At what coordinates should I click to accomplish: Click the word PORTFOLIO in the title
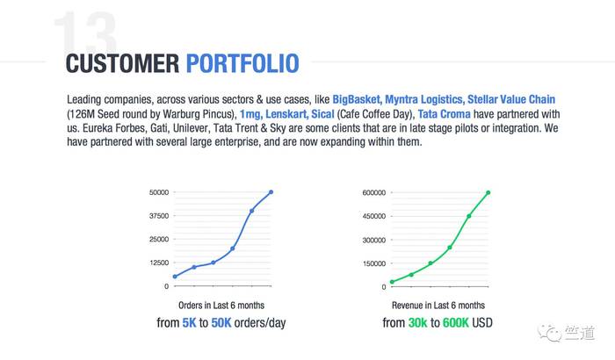pyautogui.click(x=242, y=63)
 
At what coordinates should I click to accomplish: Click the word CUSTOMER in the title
pyautogui.click(x=122, y=63)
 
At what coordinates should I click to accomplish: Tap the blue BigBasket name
pyautogui.click(x=357, y=99)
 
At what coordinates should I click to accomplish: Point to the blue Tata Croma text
pyautogui.click(x=444, y=114)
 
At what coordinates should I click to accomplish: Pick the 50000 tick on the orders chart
pyautogui.click(x=159, y=192)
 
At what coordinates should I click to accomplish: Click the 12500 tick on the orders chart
pyautogui.click(x=159, y=263)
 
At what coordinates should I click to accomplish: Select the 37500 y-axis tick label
pyautogui.click(x=159, y=216)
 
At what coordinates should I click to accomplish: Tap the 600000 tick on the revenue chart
pyautogui.click(x=373, y=192)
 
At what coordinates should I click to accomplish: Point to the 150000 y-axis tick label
pyautogui.click(x=373, y=263)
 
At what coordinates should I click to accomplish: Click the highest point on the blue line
pyautogui.click(x=271, y=192)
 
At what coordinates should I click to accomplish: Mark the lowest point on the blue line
pyautogui.click(x=175, y=277)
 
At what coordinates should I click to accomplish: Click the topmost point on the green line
pyautogui.click(x=488, y=192)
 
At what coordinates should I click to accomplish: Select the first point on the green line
pyautogui.click(x=392, y=282)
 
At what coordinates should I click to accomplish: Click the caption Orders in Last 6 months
pyautogui.click(x=221, y=306)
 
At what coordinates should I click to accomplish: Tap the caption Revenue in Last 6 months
pyautogui.click(x=438, y=306)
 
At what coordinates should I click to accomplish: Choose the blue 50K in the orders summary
pyautogui.click(x=221, y=323)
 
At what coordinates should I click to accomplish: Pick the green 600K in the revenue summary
pyautogui.click(x=455, y=323)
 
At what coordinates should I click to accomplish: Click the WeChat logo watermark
pyautogui.click(x=549, y=333)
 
